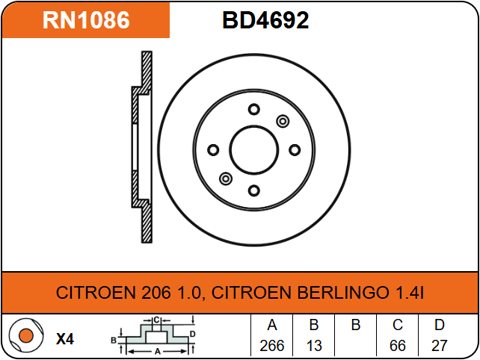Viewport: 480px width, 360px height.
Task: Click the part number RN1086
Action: coord(86,20)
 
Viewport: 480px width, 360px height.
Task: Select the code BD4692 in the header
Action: coord(265,20)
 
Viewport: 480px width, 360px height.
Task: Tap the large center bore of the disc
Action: coord(253,149)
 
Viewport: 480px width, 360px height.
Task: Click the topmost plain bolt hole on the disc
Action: coord(253,109)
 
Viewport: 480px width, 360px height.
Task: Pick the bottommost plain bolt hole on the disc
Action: coord(253,190)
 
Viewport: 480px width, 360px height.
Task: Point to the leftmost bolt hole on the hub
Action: coord(213,150)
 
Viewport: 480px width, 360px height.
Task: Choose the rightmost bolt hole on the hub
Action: coord(294,149)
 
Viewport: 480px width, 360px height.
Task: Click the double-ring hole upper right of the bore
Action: coord(283,121)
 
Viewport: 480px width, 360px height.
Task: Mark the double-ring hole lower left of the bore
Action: coord(225,179)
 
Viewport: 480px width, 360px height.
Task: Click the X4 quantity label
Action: coord(65,338)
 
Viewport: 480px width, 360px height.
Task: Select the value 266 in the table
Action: coord(272,347)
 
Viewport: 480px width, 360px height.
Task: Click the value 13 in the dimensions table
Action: coord(314,347)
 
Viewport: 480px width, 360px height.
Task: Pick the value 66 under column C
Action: coord(398,347)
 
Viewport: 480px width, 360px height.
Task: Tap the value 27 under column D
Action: coord(440,347)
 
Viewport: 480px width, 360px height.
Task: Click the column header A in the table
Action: coord(272,325)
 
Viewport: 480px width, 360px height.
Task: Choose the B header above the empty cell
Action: coord(356,325)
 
